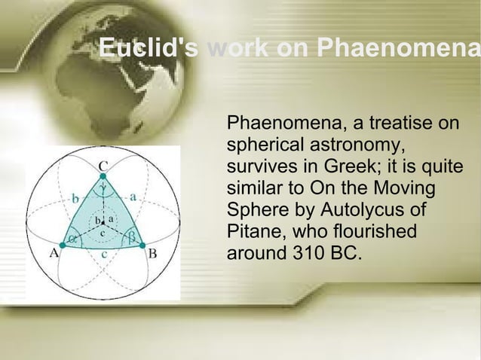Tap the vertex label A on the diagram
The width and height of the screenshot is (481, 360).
(55, 254)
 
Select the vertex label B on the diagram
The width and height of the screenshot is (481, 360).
(152, 254)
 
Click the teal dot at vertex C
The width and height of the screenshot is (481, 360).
(103, 176)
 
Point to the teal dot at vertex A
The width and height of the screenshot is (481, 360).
(62, 244)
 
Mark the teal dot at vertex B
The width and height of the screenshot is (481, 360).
(142, 245)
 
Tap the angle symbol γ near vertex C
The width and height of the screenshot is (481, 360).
(103, 188)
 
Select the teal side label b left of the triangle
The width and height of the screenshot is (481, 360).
(74, 198)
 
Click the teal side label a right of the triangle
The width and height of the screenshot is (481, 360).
(133, 196)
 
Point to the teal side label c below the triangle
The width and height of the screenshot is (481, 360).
(103, 255)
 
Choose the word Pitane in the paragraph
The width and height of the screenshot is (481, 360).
(253, 230)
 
